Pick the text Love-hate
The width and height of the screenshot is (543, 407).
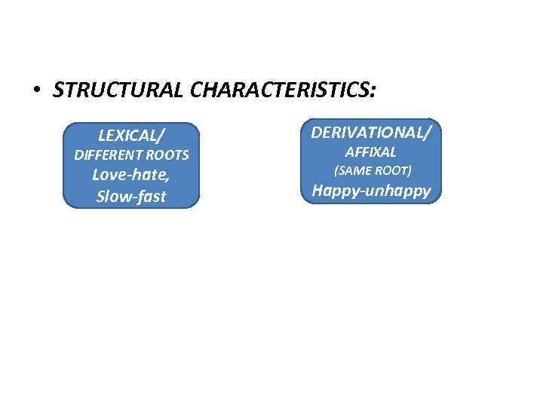point(130,176)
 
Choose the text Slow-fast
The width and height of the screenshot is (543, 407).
point(132,197)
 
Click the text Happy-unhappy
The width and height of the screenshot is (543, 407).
point(372,191)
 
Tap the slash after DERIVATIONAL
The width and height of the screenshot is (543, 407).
point(428,133)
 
